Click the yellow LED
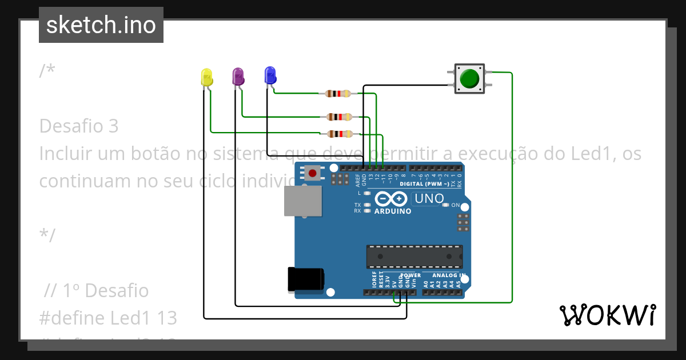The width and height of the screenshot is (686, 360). click(x=206, y=77)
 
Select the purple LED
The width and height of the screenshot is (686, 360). click(x=238, y=76)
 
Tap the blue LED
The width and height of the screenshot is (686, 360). click(x=270, y=75)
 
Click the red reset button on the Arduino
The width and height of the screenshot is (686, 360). click(x=312, y=173)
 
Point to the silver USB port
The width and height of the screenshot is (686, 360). click(x=302, y=201)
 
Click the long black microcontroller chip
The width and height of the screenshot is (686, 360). click(x=414, y=257)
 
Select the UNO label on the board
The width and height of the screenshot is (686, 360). click(x=429, y=199)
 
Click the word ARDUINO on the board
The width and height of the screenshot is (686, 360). click(x=393, y=211)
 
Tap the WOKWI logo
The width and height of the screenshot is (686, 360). click(x=607, y=315)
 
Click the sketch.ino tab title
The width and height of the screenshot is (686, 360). click(x=101, y=25)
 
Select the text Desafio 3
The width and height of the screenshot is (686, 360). click(x=79, y=126)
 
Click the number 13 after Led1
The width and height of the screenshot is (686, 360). click(x=165, y=318)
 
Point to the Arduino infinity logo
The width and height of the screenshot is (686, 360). click(x=391, y=199)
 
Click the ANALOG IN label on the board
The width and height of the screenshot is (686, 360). click(x=448, y=275)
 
